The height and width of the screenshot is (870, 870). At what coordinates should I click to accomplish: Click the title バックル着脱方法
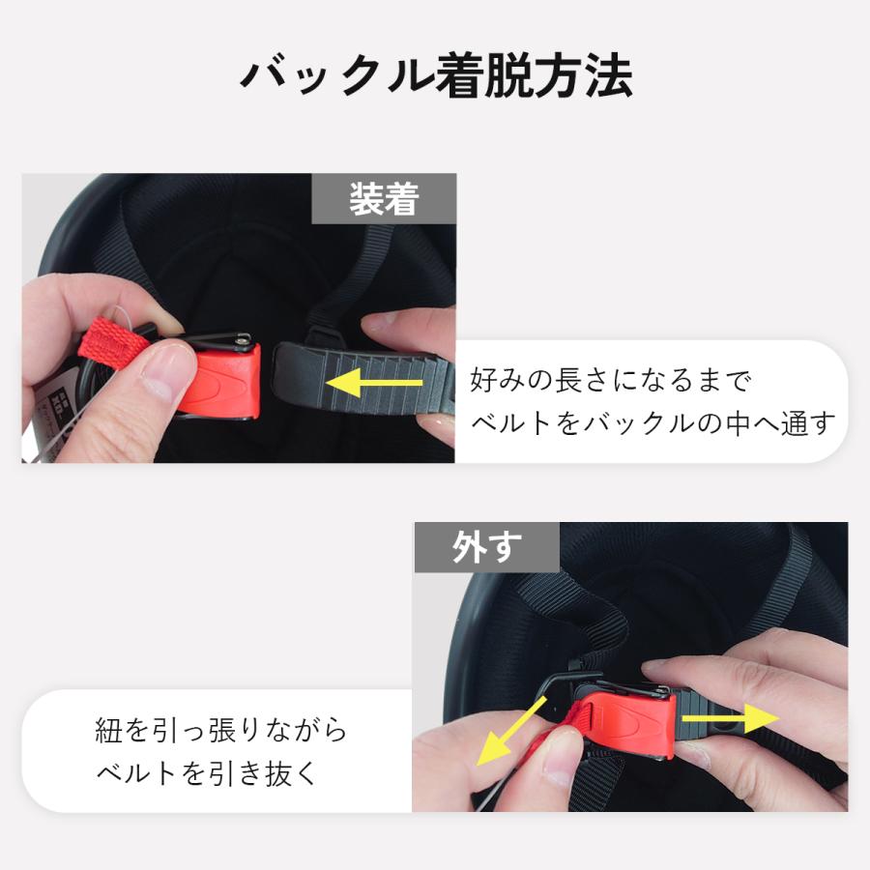[x=436, y=76]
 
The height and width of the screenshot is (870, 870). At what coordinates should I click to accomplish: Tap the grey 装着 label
[x=384, y=198]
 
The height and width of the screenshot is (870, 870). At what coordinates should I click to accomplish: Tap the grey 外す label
[x=486, y=547]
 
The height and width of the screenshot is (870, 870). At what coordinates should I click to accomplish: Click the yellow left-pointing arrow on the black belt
[x=374, y=382]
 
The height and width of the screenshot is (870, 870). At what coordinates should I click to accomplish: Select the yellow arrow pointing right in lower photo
[x=731, y=718]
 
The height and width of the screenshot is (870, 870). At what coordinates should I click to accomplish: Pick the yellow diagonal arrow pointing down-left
[x=511, y=732]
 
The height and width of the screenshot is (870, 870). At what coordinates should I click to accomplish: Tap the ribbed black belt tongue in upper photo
[x=361, y=380]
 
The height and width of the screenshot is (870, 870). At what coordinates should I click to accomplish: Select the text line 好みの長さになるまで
[x=611, y=381]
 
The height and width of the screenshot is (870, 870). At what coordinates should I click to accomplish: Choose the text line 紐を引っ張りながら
[x=220, y=730]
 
